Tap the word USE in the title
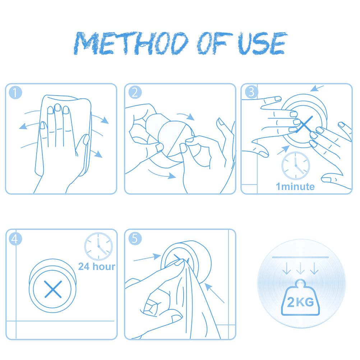click(262, 43)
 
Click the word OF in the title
click(215, 43)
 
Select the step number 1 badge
click(15, 93)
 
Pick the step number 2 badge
click(135, 93)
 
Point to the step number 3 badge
click(251, 92)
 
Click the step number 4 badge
click(15, 239)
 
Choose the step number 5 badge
click(135, 239)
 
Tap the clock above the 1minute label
click(296, 166)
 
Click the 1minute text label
click(295, 187)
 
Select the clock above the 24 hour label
click(98, 246)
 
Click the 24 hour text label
click(97, 267)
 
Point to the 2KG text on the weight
click(300, 302)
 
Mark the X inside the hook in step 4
click(53, 289)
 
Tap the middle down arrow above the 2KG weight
click(300, 268)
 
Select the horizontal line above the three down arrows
click(300, 257)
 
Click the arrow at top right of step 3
click(317, 88)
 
